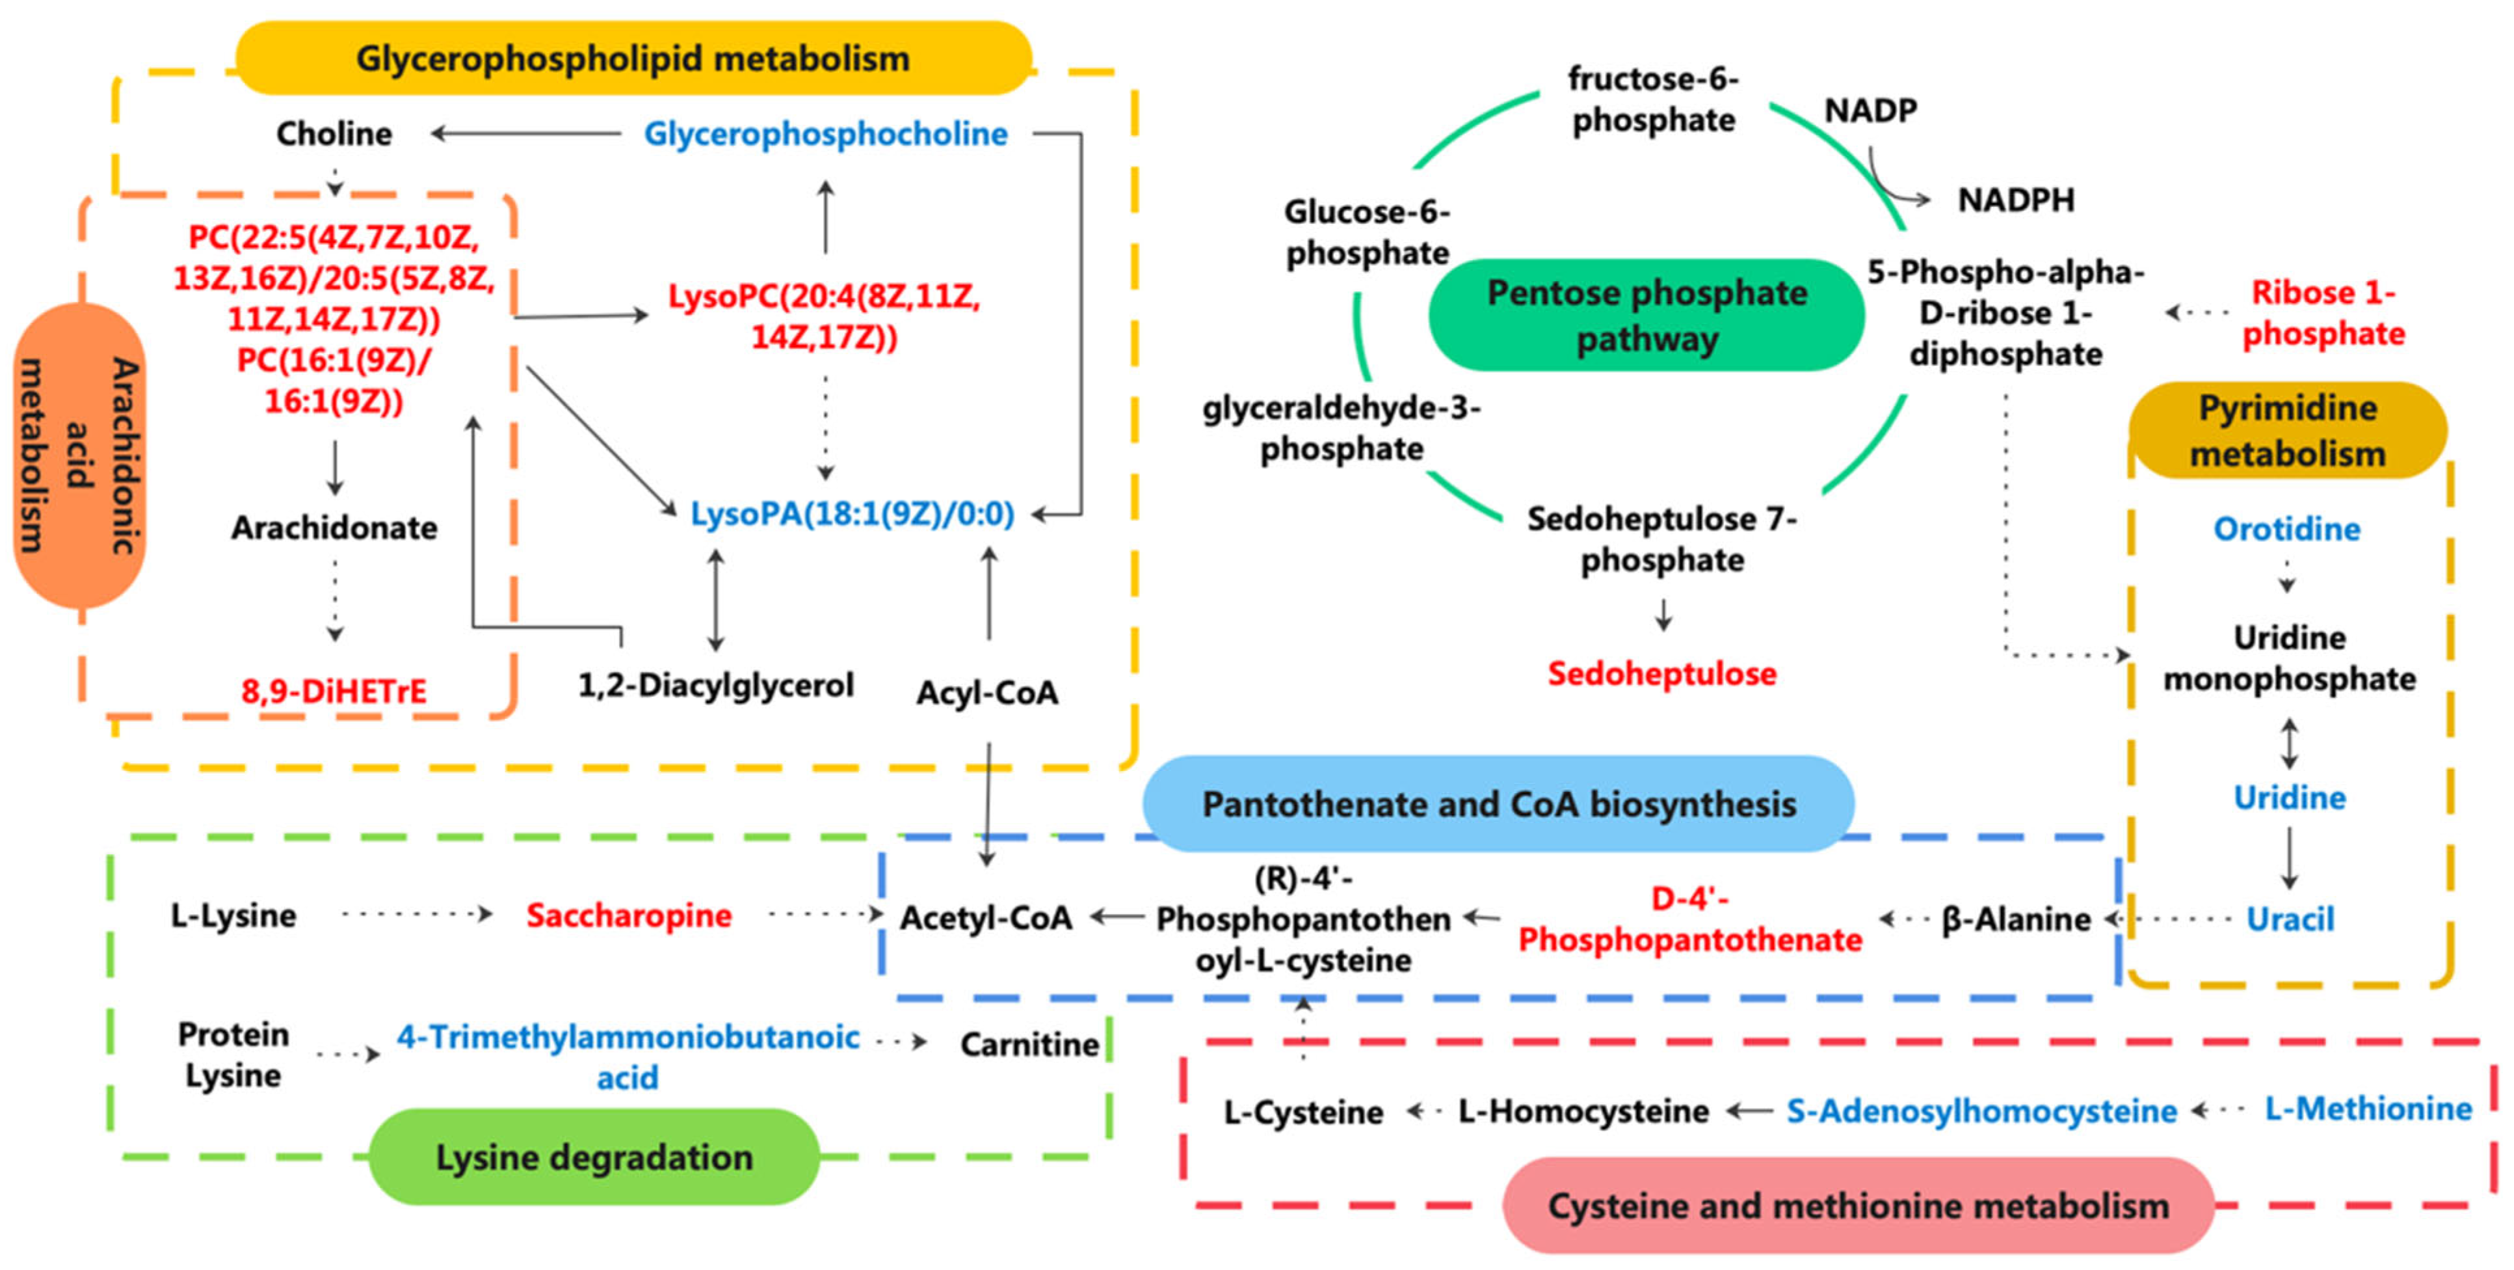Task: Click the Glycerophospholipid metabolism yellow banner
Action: click(633, 59)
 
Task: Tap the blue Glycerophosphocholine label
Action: click(826, 134)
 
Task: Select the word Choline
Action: click(334, 134)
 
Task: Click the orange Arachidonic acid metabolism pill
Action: click(80, 455)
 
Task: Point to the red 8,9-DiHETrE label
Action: click(334, 691)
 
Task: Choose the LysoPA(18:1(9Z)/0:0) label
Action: click(852, 513)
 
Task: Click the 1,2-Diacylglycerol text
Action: click(715, 685)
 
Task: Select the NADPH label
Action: click(2017, 200)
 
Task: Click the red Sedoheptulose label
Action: click(1662, 673)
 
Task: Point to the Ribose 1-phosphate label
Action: click(2323, 314)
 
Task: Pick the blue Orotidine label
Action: click(2286, 529)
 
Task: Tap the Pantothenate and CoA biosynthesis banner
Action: click(1498, 804)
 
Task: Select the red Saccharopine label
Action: click(628, 915)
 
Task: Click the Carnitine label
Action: click(1029, 1044)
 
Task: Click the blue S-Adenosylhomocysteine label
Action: click(1981, 1111)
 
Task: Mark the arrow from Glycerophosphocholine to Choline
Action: click(527, 134)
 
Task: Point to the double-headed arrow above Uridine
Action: click(2288, 744)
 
